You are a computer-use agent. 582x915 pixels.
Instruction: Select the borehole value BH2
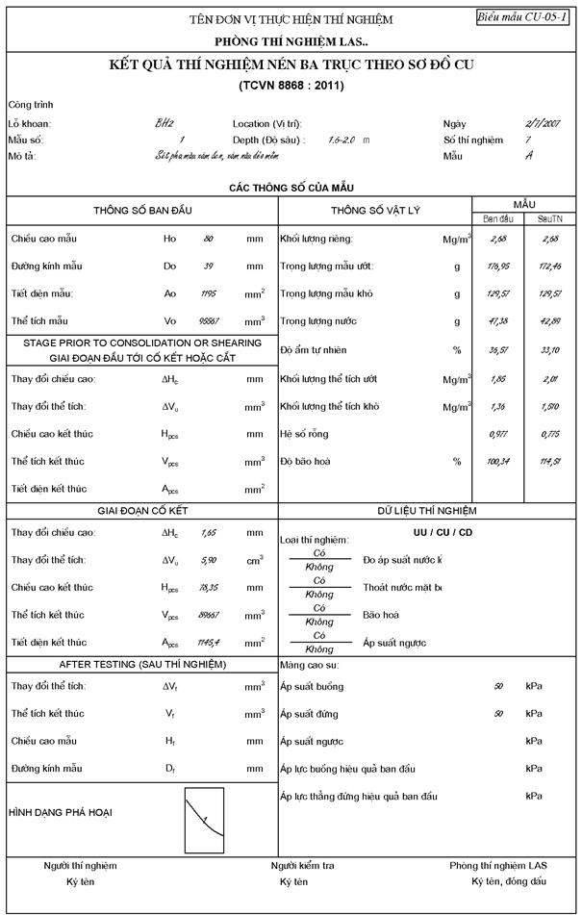(x=164, y=123)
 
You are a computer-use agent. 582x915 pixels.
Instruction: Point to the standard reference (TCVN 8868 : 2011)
(x=291, y=86)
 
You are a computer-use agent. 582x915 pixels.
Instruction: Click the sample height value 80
(x=208, y=238)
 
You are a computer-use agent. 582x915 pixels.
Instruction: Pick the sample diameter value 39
(x=208, y=265)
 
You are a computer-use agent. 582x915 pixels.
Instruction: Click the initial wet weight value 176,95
(x=496, y=266)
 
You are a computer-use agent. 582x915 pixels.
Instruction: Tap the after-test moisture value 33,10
(x=549, y=349)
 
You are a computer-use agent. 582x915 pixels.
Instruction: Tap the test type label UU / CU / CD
(x=435, y=532)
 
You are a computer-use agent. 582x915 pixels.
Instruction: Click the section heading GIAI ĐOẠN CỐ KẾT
(x=142, y=511)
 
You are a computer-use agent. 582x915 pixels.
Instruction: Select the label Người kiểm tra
(x=302, y=865)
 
